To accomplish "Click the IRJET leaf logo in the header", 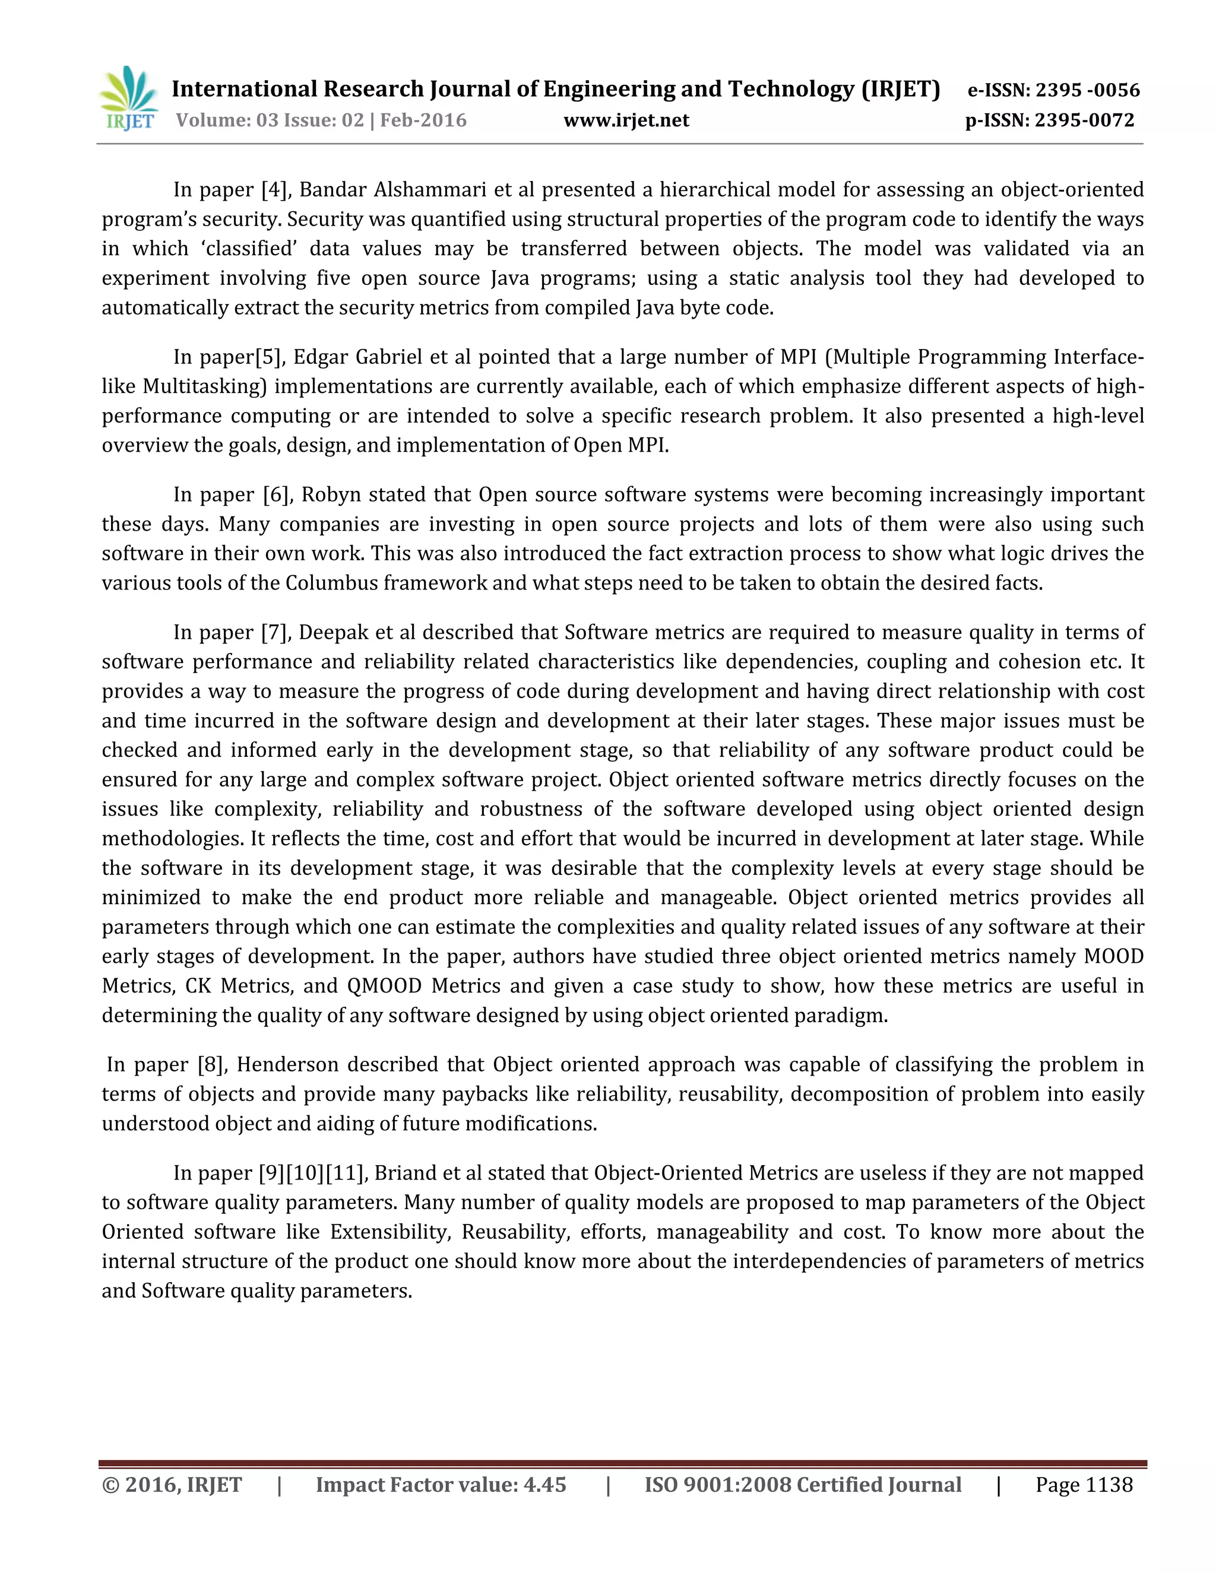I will coord(129,99).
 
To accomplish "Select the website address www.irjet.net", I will coord(626,120).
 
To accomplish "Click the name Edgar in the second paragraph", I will coord(313,357).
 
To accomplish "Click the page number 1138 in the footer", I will coord(1109,1485).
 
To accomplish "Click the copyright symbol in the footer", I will coord(111,1485).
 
